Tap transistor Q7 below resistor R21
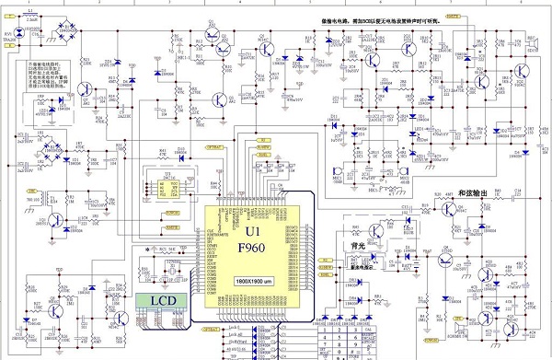click(x=85, y=89)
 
